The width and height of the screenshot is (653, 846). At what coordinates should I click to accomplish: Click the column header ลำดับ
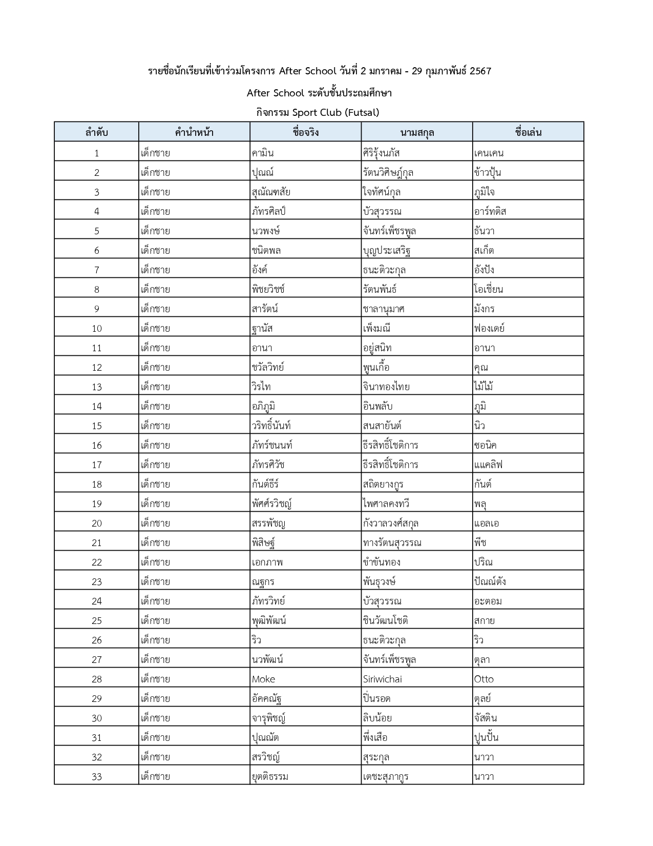(96, 132)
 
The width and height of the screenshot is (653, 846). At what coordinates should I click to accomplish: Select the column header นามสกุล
(417, 132)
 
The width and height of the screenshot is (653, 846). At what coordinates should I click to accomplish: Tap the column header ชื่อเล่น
(528, 132)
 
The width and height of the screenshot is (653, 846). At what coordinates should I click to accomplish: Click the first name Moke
(263, 679)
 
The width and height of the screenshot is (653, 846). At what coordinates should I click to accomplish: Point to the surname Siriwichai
(382, 679)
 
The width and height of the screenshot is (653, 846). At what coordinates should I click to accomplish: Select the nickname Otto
(484, 679)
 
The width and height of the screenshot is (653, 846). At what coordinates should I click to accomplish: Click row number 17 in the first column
(97, 465)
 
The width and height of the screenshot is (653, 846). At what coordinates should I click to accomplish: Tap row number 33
(97, 777)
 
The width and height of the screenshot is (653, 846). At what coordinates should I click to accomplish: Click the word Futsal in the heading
(361, 113)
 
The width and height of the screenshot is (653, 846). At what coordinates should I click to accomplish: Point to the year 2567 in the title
(480, 71)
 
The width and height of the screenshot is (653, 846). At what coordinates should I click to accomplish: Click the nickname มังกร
(484, 309)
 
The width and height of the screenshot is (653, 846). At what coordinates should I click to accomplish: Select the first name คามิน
(263, 153)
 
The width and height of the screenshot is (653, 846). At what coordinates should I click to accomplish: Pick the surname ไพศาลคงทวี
(386, 504)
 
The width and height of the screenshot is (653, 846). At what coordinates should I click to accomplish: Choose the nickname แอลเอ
(487, 523)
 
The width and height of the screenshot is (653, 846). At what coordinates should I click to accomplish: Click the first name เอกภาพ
(267, 562)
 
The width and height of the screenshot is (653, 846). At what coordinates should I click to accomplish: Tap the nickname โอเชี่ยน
(489, 290)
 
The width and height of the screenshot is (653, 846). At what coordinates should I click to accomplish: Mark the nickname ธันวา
(484, 231)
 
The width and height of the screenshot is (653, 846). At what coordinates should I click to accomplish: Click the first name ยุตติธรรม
(270, 777)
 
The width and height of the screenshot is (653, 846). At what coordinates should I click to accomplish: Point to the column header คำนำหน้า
(194, 132)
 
